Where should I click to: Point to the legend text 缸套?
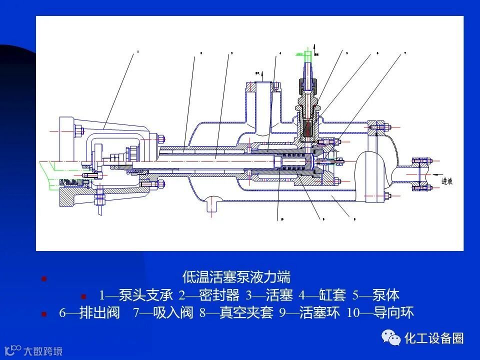pos(332,295)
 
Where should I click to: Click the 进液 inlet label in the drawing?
pos(446,182)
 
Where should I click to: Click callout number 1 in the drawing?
pos(137,51)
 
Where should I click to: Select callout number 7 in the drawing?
pos(404,52)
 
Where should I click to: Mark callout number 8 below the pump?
pos(354,218)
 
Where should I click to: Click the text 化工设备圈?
pos(434,338)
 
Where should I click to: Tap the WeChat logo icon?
pos(391,338)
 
